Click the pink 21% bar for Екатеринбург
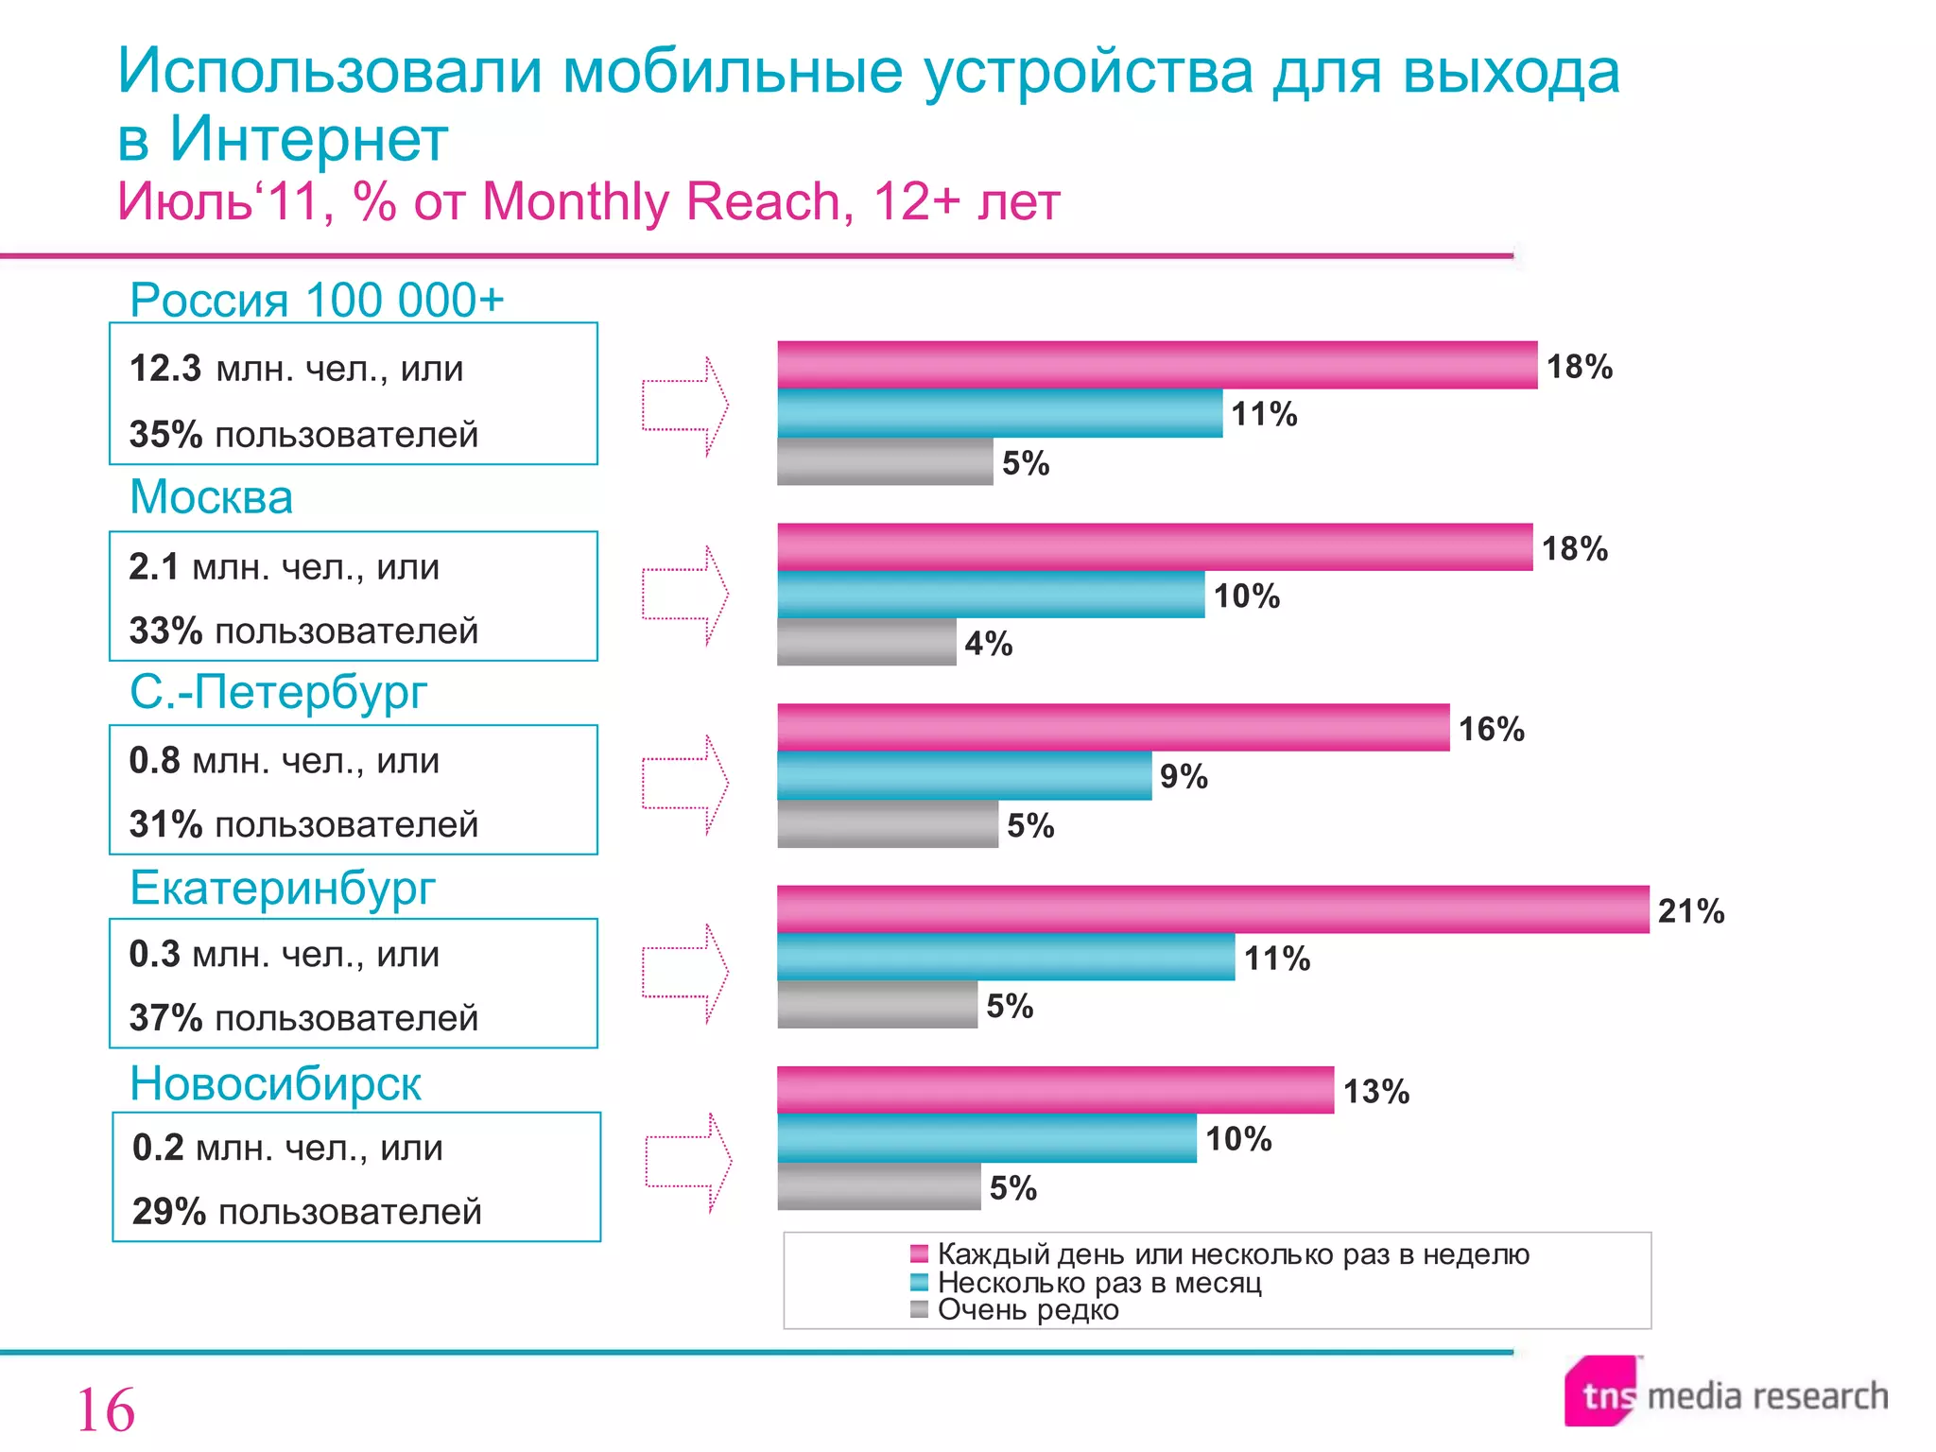coord(1212,909)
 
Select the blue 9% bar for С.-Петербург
coord(964,776)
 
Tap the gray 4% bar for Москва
coord(866,643)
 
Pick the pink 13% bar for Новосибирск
coord(1055,1090)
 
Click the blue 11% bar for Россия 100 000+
coord(999,413)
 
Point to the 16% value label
coord(1491,729)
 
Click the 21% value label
coord(1690,910)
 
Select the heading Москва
coord(211,497)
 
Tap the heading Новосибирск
coord(275,1083)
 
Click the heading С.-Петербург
coord(278,692)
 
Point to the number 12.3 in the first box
coord(164,369)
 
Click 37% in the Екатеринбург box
coord(165,1018)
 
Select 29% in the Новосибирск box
coord(168,1212)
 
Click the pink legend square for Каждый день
coord(919,1254)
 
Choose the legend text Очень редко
coord(1028,1310)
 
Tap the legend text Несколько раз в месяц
coord(1099,1283)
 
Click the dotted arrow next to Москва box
coord(685,596)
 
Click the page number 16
coord(105,1410)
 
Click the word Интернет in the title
coord(308,140)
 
